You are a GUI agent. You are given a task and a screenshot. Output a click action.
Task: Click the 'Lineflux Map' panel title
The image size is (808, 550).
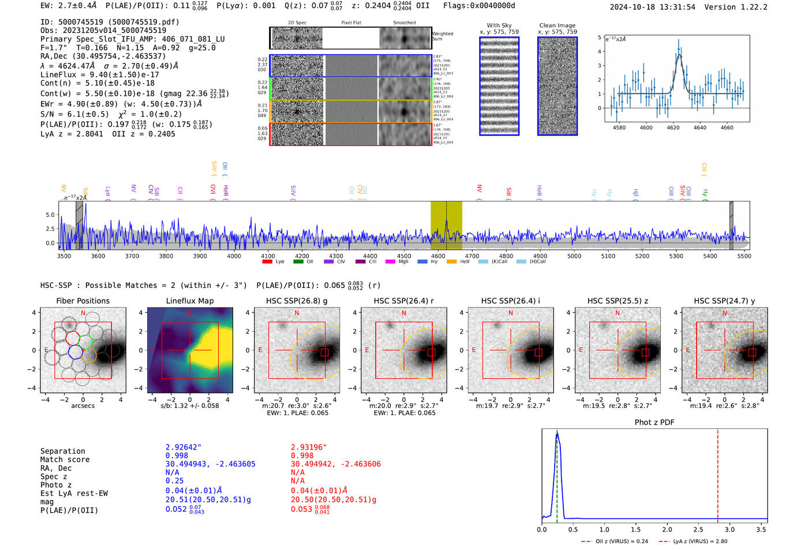[189, 301]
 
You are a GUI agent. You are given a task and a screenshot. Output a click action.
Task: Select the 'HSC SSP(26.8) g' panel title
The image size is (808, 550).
[297, 301]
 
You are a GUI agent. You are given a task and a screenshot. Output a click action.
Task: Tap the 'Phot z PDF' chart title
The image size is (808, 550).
[654, 422]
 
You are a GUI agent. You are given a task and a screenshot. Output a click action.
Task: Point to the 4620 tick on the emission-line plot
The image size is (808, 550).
[673, 128]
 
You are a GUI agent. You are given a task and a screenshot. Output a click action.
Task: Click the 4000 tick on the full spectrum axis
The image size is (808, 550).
[234, 256]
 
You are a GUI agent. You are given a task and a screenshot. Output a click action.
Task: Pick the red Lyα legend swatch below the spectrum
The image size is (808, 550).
[267, 262]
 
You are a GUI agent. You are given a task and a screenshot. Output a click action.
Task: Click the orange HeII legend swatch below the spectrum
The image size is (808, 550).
[451, 262]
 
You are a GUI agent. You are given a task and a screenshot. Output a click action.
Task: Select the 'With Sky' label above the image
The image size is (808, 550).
[499, 25]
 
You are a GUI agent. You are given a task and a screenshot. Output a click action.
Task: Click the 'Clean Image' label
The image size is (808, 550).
[557, 25]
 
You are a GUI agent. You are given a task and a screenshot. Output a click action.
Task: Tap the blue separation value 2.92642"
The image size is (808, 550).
[184, 447]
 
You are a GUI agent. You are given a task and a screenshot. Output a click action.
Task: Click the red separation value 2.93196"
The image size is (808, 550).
[309, 447]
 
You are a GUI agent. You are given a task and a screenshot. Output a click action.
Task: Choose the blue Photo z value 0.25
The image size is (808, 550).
[174, 481]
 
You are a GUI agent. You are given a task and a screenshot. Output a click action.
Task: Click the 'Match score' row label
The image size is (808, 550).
[65, 459]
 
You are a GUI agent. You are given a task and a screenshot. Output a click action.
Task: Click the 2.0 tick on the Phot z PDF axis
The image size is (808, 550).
[667, 529]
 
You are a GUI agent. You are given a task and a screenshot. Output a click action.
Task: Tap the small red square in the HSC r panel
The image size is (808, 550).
[432, 352]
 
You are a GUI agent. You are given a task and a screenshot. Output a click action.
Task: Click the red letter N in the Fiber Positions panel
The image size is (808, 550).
[83, 313]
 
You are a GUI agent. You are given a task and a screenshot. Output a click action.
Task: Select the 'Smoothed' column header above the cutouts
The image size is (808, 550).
[404, 23]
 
